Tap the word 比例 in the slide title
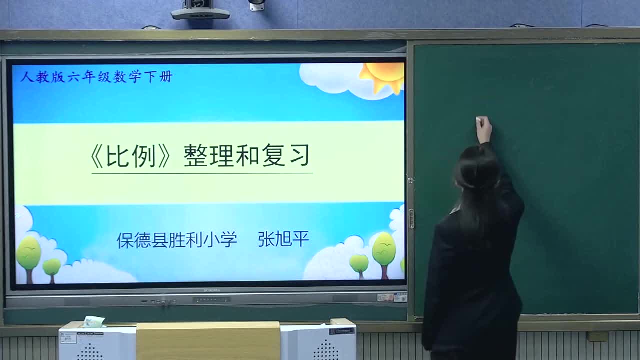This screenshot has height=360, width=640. tap(130, 156)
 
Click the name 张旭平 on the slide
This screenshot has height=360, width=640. tap(283, 239)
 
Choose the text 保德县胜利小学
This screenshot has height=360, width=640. tap(177, 240)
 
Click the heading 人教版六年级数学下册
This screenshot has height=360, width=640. tap(96, 76)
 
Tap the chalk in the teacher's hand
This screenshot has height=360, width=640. tap(480, 119)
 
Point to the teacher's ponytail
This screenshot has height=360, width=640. tap(477, 190)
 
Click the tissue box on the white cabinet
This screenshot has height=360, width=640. tap(93, 322)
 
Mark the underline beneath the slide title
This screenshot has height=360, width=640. tap(202, 173)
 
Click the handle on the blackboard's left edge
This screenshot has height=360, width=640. tap(411, 219)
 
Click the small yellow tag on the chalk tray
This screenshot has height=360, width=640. tap(597, 336)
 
